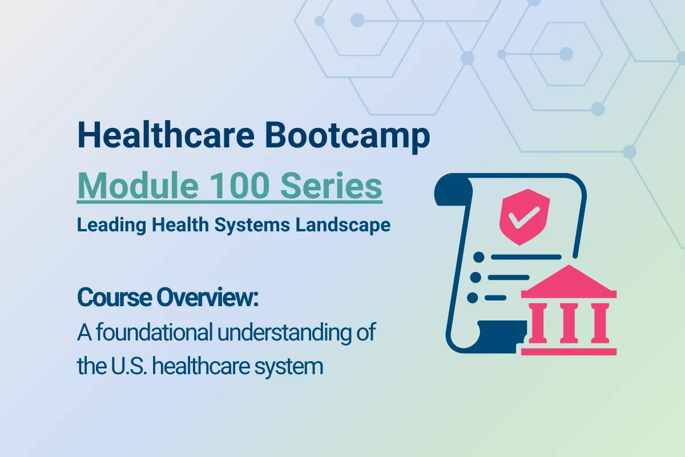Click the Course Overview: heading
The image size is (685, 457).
168,298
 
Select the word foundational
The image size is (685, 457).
151,332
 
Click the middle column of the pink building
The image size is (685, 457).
569,323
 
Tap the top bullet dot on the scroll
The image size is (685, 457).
478,257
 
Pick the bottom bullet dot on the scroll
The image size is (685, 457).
472,298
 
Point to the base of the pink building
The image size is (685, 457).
569,350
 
